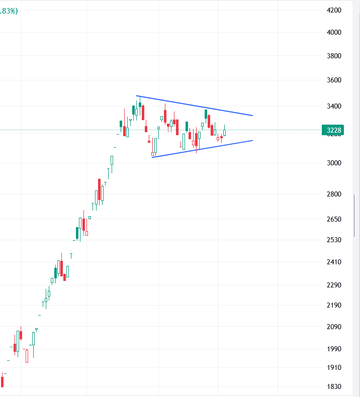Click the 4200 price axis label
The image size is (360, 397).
point(334,11)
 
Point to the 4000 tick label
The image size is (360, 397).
point(334,32)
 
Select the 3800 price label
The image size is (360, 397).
point(334,56)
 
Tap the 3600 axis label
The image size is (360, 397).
point(334,80)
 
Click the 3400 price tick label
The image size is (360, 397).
point(334,106)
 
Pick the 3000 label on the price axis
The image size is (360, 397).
point(334,163)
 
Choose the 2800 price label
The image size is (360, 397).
point(334,194)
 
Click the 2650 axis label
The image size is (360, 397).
point(334,219)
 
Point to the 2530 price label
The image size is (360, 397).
point(334,240)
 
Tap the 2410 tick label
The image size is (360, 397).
point(334,262)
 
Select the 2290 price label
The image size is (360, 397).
point(334,285)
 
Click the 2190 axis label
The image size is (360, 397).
point(334,305)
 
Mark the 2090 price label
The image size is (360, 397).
point(334,327)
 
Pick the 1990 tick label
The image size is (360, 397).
point(334,349)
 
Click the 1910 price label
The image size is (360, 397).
point(334,368)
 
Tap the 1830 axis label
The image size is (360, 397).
point(334,386)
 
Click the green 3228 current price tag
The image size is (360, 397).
point(333,130)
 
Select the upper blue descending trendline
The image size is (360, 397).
point(194,106)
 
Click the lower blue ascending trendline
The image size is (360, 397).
point(202,149)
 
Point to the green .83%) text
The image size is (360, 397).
point(9,11)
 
